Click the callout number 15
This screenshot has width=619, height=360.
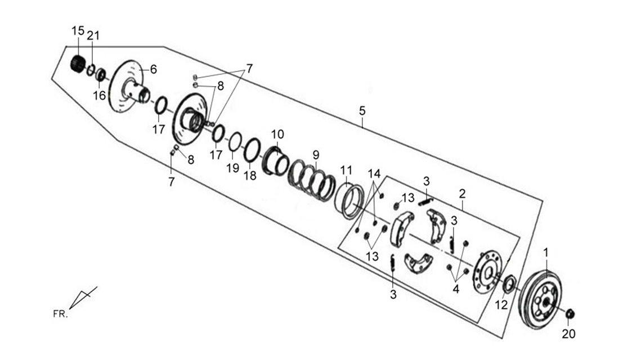pos(78,31)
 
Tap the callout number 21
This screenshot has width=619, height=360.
pos(93,35)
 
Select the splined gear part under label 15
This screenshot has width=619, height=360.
pos(79,64)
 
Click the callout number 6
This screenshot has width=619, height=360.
pos(153,70)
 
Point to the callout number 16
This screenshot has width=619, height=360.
pos(100,95)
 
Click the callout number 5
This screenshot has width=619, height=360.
pos(362,111)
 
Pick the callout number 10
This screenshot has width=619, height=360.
pos(277,134)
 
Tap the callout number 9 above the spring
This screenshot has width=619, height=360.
pos(316,155)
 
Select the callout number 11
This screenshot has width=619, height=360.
pos(346,170)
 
